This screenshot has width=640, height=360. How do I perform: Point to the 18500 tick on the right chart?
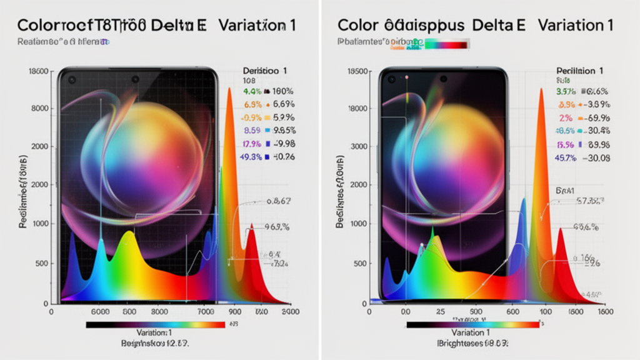pos(355,72)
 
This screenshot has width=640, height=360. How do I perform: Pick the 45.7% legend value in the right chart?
pos(566,157)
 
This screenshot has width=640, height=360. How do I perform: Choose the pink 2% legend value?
pos(566,118)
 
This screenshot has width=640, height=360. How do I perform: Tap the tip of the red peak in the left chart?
pos(251,225)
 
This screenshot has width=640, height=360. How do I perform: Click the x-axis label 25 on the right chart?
pos(439,311)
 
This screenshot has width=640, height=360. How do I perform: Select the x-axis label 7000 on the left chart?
pos(206,311)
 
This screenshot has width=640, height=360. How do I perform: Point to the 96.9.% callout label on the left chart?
pos(276,227)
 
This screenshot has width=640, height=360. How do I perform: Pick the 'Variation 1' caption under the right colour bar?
pos(474,333)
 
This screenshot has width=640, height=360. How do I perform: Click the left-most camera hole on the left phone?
pos(72,79)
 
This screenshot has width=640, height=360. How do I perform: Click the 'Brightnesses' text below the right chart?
pos(461,344)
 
